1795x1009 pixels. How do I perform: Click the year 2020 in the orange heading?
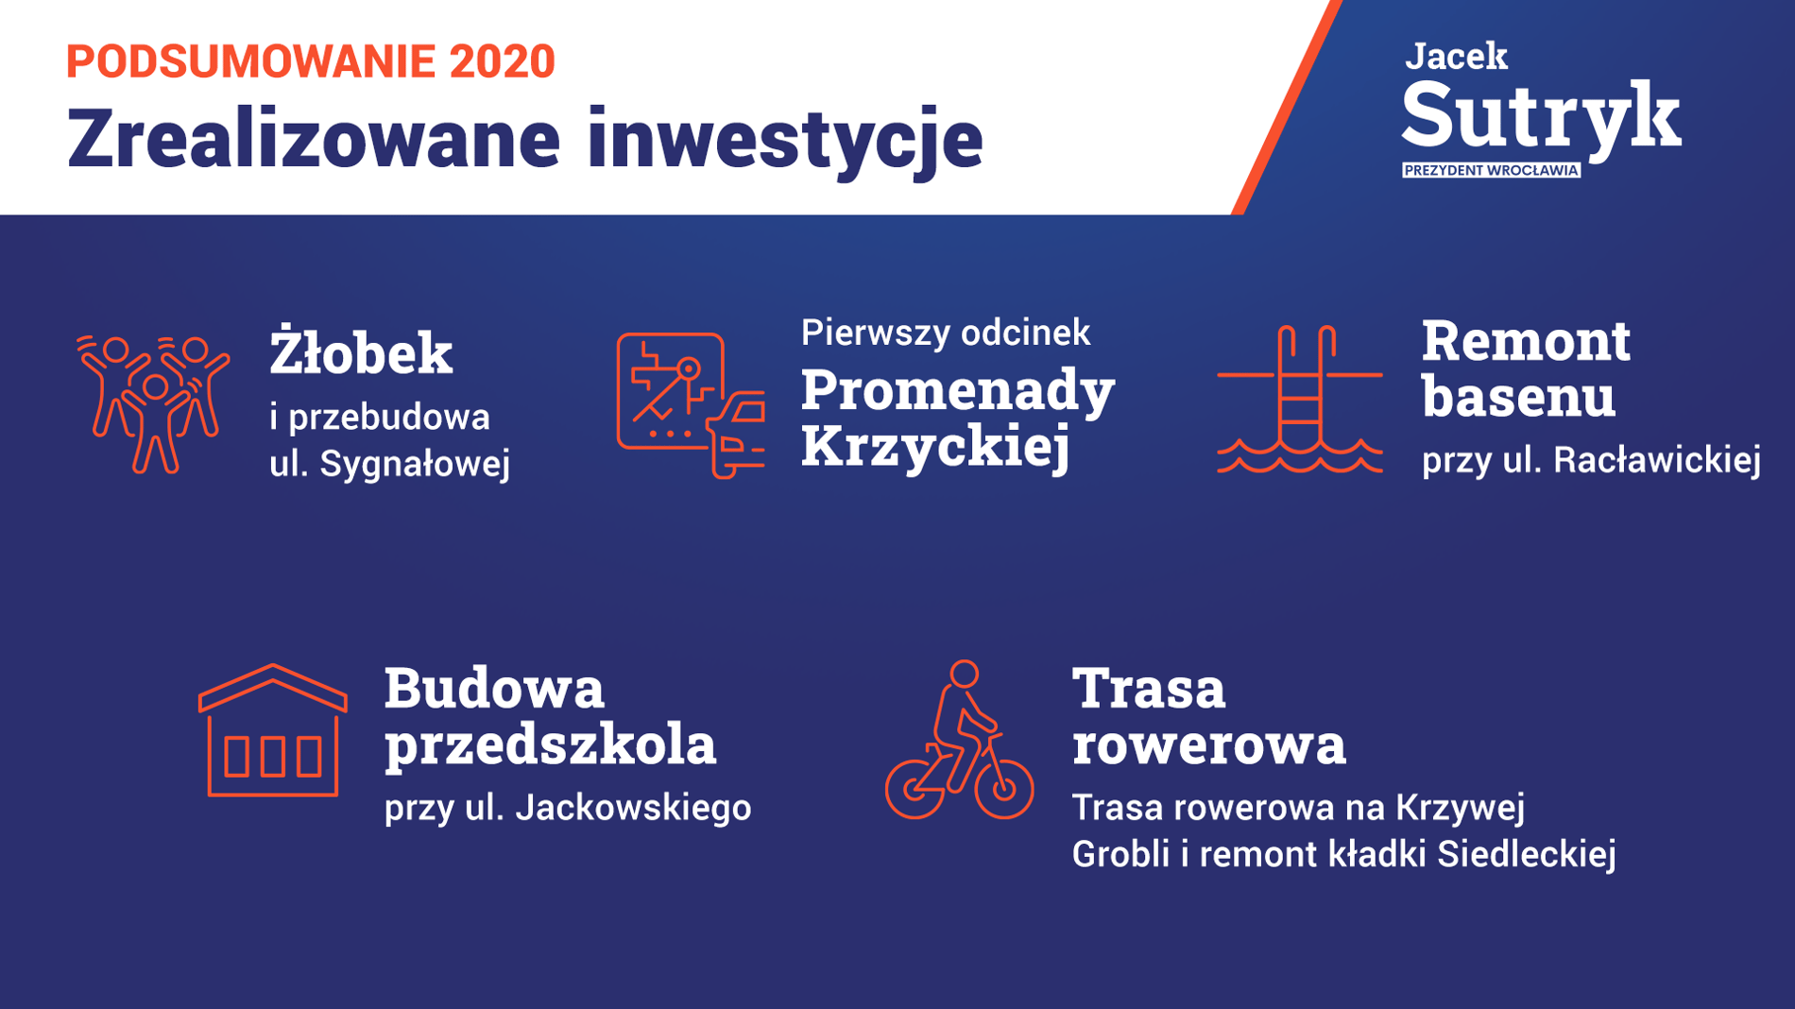coord(502,61)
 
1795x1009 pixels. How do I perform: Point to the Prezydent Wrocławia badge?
coord(1491,170)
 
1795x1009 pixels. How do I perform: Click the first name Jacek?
coord(1456,56)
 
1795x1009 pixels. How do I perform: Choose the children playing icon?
coord(153,403)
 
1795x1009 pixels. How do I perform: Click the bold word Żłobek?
coord(361,351)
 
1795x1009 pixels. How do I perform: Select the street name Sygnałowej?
coord(415,465)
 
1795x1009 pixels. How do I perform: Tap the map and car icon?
coord(691,405)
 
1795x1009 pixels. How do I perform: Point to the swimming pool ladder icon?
coord(1300,399)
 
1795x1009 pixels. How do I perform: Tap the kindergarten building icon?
coord(273,730)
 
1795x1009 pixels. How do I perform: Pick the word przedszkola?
coord(550,744)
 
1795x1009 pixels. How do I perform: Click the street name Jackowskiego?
coord(634,808)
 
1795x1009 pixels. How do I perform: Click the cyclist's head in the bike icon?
coord(965,674)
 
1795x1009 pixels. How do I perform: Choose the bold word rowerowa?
coord(1208,744)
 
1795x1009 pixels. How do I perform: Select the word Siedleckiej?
coord(1527,854)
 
